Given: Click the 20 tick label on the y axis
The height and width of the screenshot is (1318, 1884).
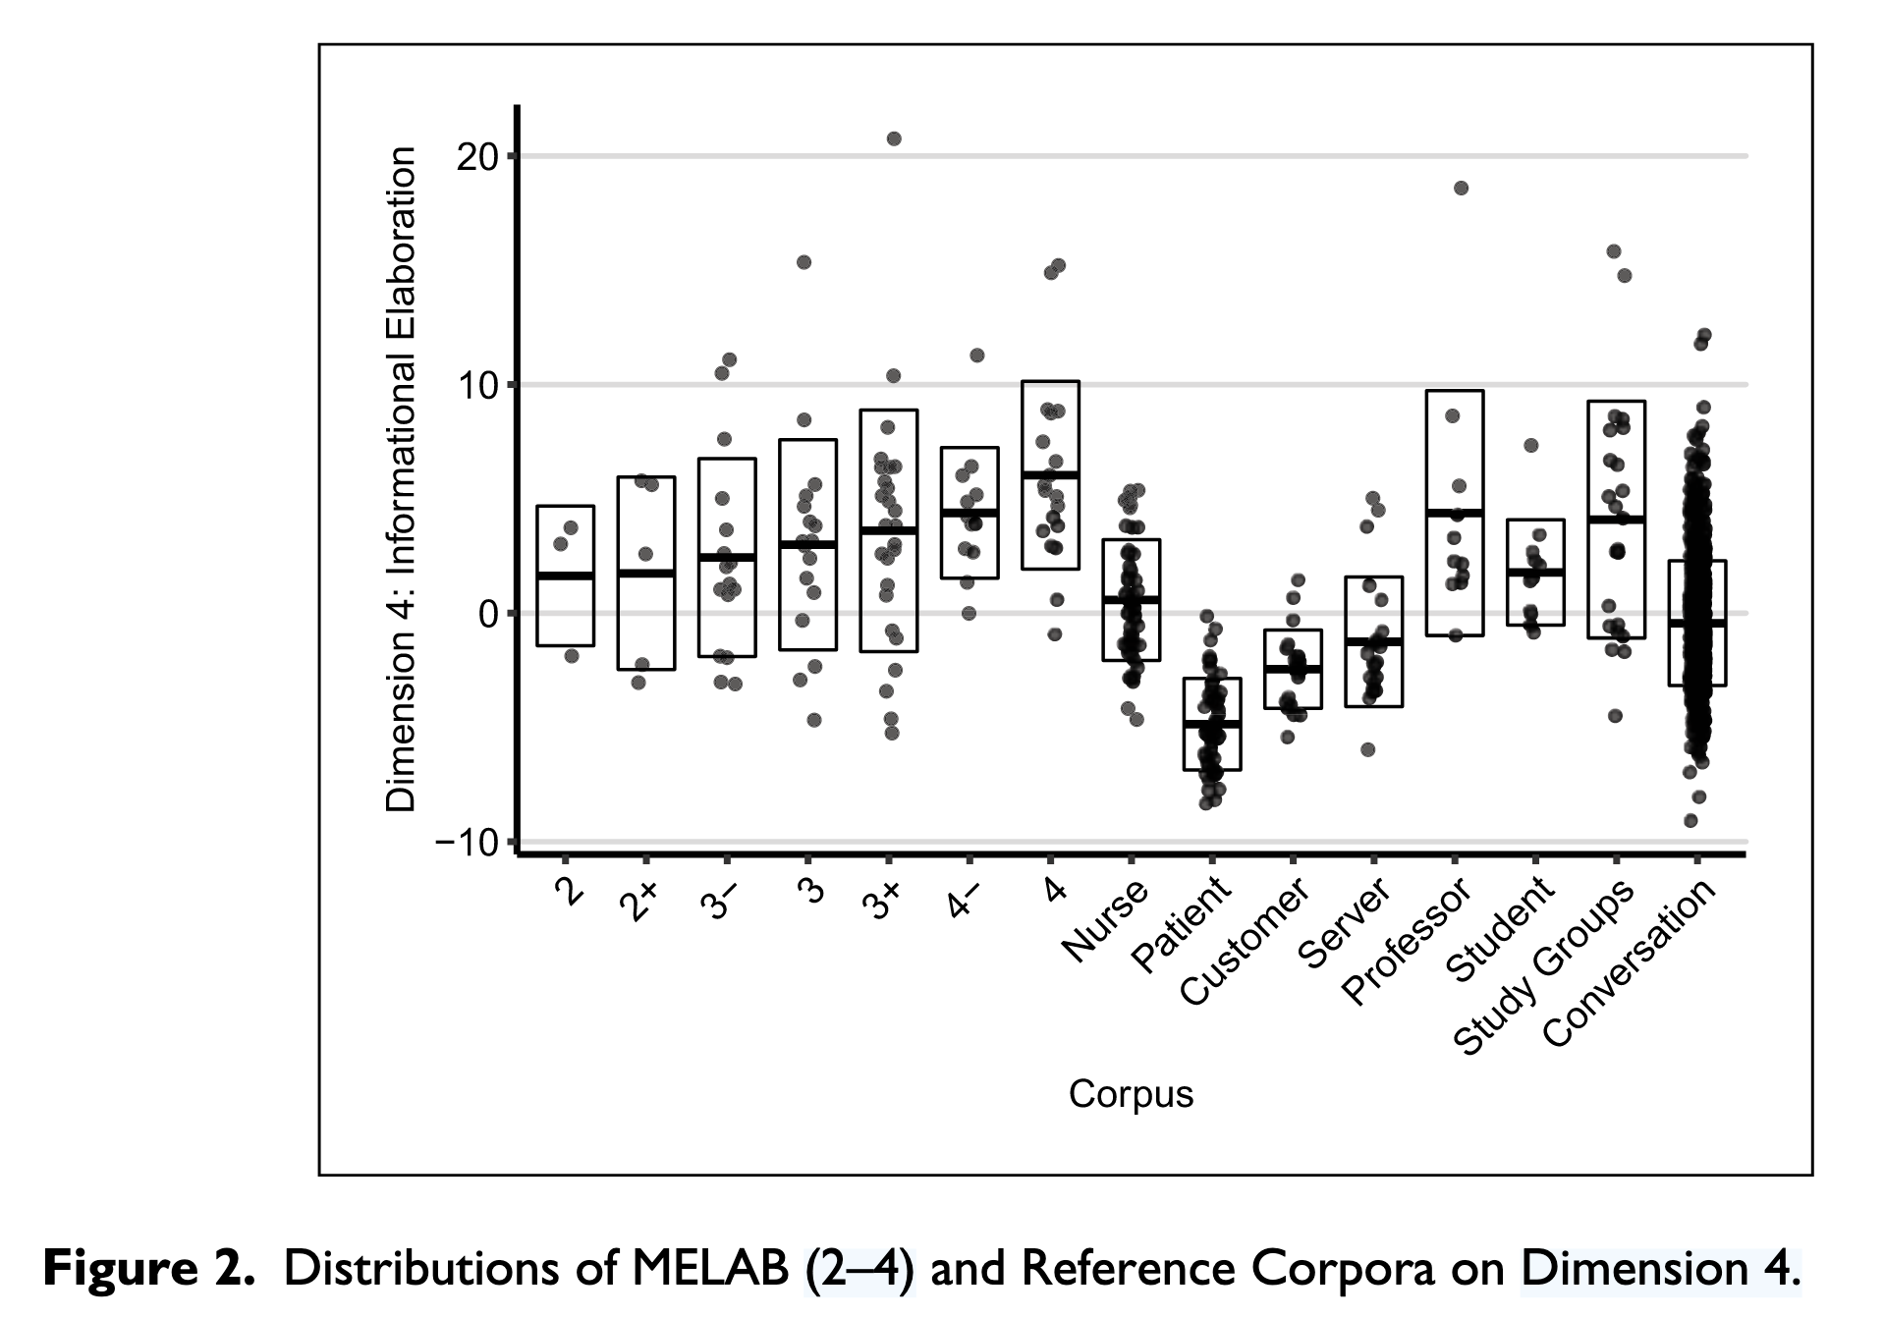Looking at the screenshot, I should [478, 156].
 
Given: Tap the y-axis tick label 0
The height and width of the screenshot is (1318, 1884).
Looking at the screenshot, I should [489, 614].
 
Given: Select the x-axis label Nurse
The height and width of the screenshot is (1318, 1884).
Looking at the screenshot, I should [1106, 920].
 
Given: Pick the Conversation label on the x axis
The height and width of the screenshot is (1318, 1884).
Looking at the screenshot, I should [1632, 961].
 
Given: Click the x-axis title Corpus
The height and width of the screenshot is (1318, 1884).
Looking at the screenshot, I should [1131, 1094].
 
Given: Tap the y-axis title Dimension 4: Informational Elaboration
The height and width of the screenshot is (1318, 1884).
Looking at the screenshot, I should [402, 480].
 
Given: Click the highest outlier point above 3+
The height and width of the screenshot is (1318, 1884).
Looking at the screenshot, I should [894, 138].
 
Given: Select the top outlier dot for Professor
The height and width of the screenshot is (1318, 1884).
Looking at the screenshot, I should [1461, 188].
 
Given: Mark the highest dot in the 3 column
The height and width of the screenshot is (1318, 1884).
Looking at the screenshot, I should [803, 262].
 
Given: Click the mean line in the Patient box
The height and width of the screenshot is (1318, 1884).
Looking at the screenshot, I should [1212, 724].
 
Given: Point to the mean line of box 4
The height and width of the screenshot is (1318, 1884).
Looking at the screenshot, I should [1050, 474].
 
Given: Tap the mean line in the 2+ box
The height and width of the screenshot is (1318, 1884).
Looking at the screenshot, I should [646, 573].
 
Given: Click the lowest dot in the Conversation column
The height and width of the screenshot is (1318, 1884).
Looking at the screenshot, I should [1690, 821].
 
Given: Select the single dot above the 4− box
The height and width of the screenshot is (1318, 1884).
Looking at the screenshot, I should [976, 355].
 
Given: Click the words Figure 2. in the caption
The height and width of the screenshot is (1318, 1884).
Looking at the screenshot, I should [148, 1269].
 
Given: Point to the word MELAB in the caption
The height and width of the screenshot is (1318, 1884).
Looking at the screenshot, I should [709, 1269].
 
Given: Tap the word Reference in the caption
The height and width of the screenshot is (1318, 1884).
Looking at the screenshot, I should [1127, 1269].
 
